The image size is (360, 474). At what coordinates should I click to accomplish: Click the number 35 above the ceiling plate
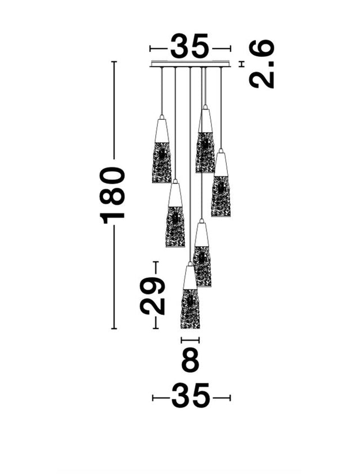click(x=190, y=47)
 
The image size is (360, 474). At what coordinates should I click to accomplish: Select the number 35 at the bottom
click(x=191, y=397)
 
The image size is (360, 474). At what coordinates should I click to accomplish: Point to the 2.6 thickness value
click(x=262, y=64)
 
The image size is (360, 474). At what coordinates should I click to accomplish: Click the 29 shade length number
click(x=153, y=295)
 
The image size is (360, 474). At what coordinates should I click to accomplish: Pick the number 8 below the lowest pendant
click(x=190, y=360)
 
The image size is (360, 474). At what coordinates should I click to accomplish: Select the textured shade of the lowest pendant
click(x=190, y=309)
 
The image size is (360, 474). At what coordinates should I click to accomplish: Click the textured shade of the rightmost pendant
click(x=220, y=196)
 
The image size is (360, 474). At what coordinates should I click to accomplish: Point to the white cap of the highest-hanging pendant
click(x=205, y=119)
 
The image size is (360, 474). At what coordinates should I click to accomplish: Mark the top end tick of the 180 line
click(x=114, y=61)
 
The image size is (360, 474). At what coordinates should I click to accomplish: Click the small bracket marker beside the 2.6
click(x=242, y=64)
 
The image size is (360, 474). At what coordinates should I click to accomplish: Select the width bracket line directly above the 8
click(x=190, y=340)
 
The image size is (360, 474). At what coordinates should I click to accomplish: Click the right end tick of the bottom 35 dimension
click(x=230, y=398)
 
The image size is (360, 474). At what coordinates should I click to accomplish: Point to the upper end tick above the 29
click(x=156, y=262)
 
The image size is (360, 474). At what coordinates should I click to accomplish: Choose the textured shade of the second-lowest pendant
click(x=202, y=267)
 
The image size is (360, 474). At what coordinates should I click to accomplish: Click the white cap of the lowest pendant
click(x=190, y=276)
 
